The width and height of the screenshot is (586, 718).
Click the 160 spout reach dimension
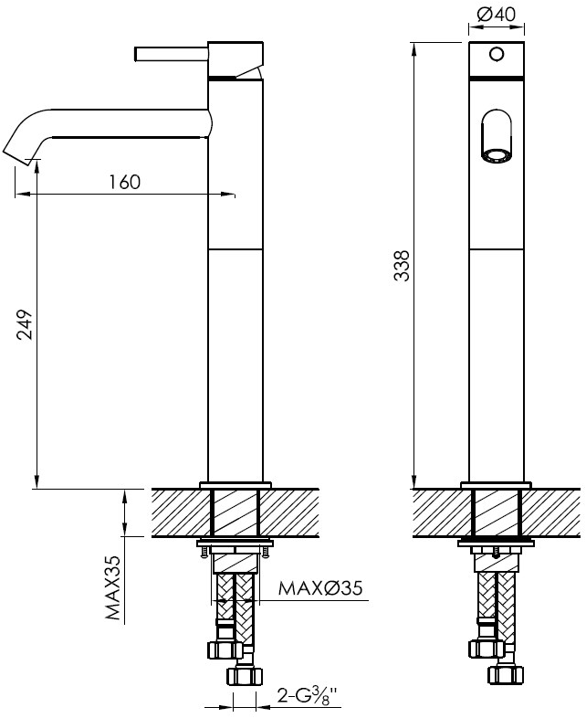point(125,182)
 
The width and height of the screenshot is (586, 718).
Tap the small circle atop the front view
point(496,54)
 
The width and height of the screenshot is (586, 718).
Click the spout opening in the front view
point(497,138)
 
